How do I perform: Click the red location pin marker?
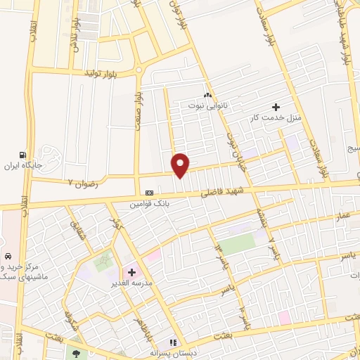pyautogui.click(x=181, y=165)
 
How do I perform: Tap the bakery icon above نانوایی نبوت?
pyautogui.click(x=207, y=95)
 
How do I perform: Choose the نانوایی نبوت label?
pyautogui.click(x=207, y=105)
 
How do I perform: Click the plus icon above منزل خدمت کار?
pyautogui.click(x=285, y=106)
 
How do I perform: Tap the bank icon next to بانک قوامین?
pyautogui.click(x=149, y=193)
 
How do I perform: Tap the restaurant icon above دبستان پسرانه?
pyautogui.click(x=173, y=342)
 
